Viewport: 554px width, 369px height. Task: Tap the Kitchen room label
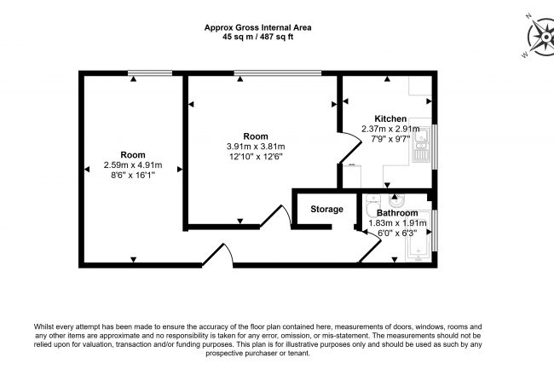[390, 118]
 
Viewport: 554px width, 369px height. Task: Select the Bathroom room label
[397, 212]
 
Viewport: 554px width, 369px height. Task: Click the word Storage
[326, 209]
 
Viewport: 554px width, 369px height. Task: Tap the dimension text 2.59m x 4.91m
[133, 165]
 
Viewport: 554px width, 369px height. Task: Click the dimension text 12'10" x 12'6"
[257, 156]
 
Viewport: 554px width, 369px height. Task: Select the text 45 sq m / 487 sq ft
[257, 37]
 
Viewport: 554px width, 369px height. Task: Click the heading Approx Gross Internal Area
[257, 26]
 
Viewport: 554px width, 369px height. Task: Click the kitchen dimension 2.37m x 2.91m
[390, 129]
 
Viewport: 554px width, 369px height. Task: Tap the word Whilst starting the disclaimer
[47, 326]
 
